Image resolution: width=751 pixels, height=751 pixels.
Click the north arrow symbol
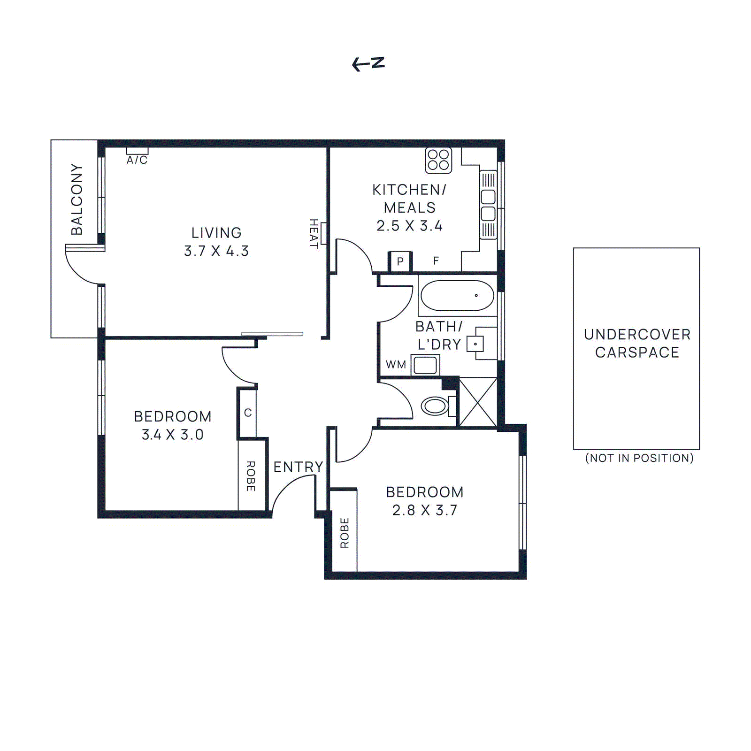point(368,64)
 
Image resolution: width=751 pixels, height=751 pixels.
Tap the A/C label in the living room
point(137,160)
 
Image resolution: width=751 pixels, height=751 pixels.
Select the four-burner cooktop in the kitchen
point(438,160)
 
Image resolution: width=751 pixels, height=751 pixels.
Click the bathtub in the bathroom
point(457,296)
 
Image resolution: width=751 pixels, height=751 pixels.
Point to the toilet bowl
point(435,406)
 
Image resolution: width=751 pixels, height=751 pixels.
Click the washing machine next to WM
point(425,365)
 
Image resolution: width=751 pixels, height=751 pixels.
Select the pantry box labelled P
point(400,261)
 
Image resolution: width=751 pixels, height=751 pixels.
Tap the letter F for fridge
point(436,261)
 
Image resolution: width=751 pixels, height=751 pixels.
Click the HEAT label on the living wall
point(314,233)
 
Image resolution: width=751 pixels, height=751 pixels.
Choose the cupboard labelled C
point(248,413)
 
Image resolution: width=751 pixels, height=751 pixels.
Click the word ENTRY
point(298,467)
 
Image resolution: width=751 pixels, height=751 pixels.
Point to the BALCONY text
point(77,199)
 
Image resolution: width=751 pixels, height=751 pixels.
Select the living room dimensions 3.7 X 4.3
point(216,251)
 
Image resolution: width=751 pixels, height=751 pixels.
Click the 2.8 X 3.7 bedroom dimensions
point(425,510)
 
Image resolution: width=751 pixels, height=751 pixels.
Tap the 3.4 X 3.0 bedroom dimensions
point(173,435)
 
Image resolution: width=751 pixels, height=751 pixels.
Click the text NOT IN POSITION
point(639,458)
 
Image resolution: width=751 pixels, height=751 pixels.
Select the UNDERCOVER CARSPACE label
point(637,343)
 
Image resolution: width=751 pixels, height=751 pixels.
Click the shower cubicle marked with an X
point(478,402)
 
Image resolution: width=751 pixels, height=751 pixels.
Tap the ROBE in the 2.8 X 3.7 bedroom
point(345,533)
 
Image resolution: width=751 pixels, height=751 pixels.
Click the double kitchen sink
point(488,205)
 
